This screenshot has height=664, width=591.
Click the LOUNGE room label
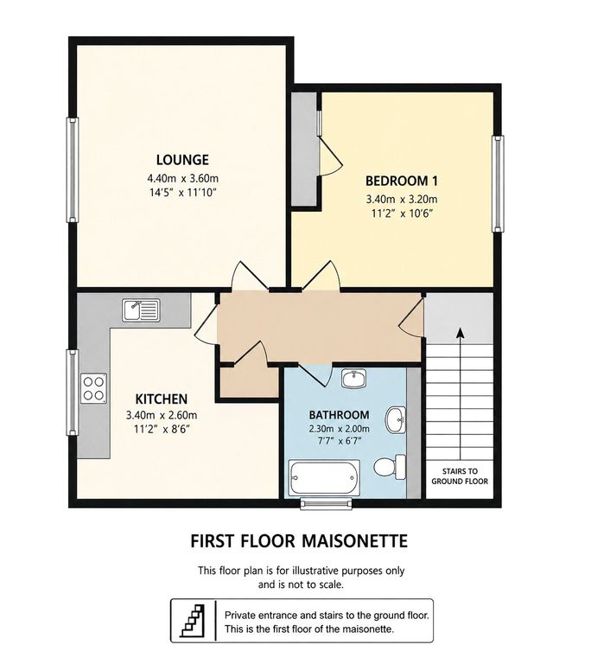click(182, 160)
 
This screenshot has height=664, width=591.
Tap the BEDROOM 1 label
click(401, 181)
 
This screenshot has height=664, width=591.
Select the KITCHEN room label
click(162, 399)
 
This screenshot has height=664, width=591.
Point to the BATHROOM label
click(339, 415)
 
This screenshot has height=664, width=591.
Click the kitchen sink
click(141, 310)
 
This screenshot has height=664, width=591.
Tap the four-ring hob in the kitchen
click(93, 388)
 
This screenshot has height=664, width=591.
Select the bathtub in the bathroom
click(324, 478)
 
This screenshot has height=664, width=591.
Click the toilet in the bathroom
click(390, 467)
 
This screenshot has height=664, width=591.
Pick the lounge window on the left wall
click(73, 169)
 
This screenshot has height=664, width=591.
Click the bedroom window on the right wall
click(498, 183)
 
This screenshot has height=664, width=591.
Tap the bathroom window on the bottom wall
click(326, 502)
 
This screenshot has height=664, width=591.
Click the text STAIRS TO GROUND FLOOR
click(460, 476)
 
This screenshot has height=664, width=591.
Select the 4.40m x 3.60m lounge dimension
click(183, 178)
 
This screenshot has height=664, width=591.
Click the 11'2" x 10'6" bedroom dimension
click(401, 213)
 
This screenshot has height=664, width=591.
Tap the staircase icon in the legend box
click(193, 621)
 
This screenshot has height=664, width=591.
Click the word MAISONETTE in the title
click(355, 541)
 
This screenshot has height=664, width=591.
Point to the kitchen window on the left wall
click(73, 393)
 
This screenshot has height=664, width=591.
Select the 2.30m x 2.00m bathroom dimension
click(339, 429)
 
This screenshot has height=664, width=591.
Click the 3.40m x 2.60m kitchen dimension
click(162, 415)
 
